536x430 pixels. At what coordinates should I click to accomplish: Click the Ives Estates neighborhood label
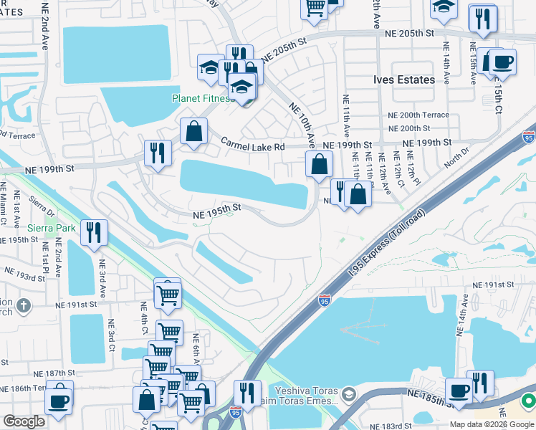pyautogui.click(x=405, y=80)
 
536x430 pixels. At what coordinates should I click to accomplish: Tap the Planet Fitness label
pyautogui.click(x=202, y=99)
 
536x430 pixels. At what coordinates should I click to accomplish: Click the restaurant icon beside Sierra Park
pyautogui.click(x=94, y=231)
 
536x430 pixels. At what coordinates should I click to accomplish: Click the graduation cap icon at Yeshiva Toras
pyautogui.click(x=348, y=393)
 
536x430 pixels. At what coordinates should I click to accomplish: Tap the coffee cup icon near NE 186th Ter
pyautogui.click(x=59, y=402)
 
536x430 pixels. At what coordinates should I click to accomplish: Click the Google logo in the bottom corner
pyautogui.click(x=23, y=421)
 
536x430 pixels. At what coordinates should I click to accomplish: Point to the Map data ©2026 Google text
pyautogui.click(x=492, y=424)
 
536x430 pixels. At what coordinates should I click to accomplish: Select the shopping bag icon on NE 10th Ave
pyautogui.click(x=319, y=164)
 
